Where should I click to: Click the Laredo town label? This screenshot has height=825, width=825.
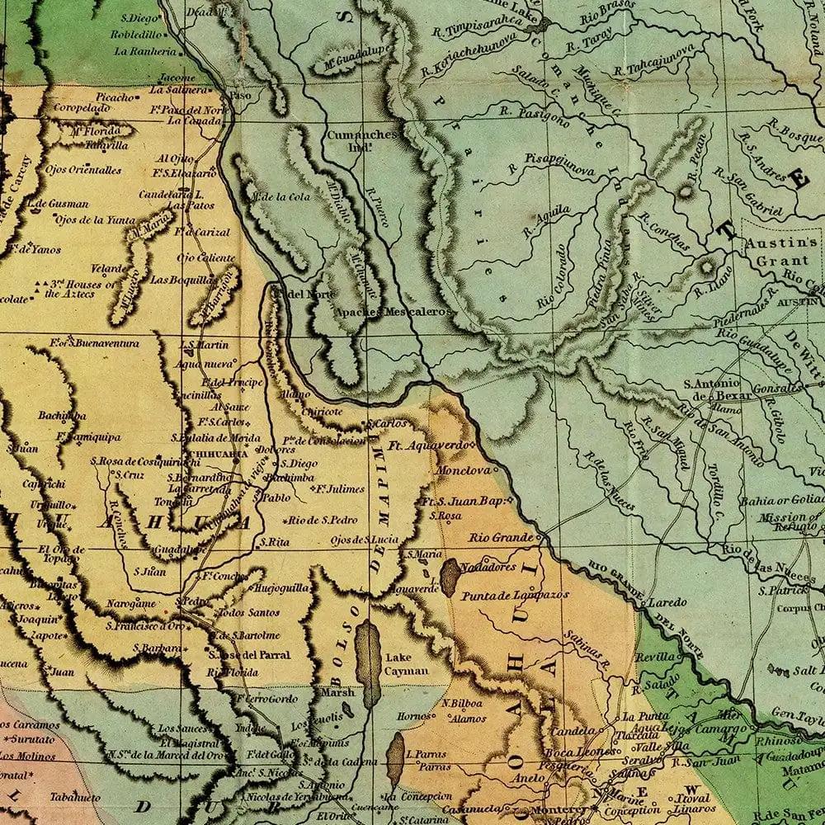point(667,602)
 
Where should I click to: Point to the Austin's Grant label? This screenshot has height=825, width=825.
point(779,251)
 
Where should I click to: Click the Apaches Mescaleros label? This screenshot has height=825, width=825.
point(393,313)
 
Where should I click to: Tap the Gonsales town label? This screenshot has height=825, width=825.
point(776,388)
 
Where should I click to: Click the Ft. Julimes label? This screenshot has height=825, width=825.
point(338,489)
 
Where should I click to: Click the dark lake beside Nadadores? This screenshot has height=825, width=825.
point(450,577)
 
